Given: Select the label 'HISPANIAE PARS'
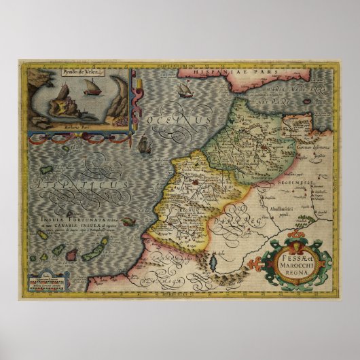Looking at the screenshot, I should pos(211,71).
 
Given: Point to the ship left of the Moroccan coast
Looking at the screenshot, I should pos(143,144).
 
